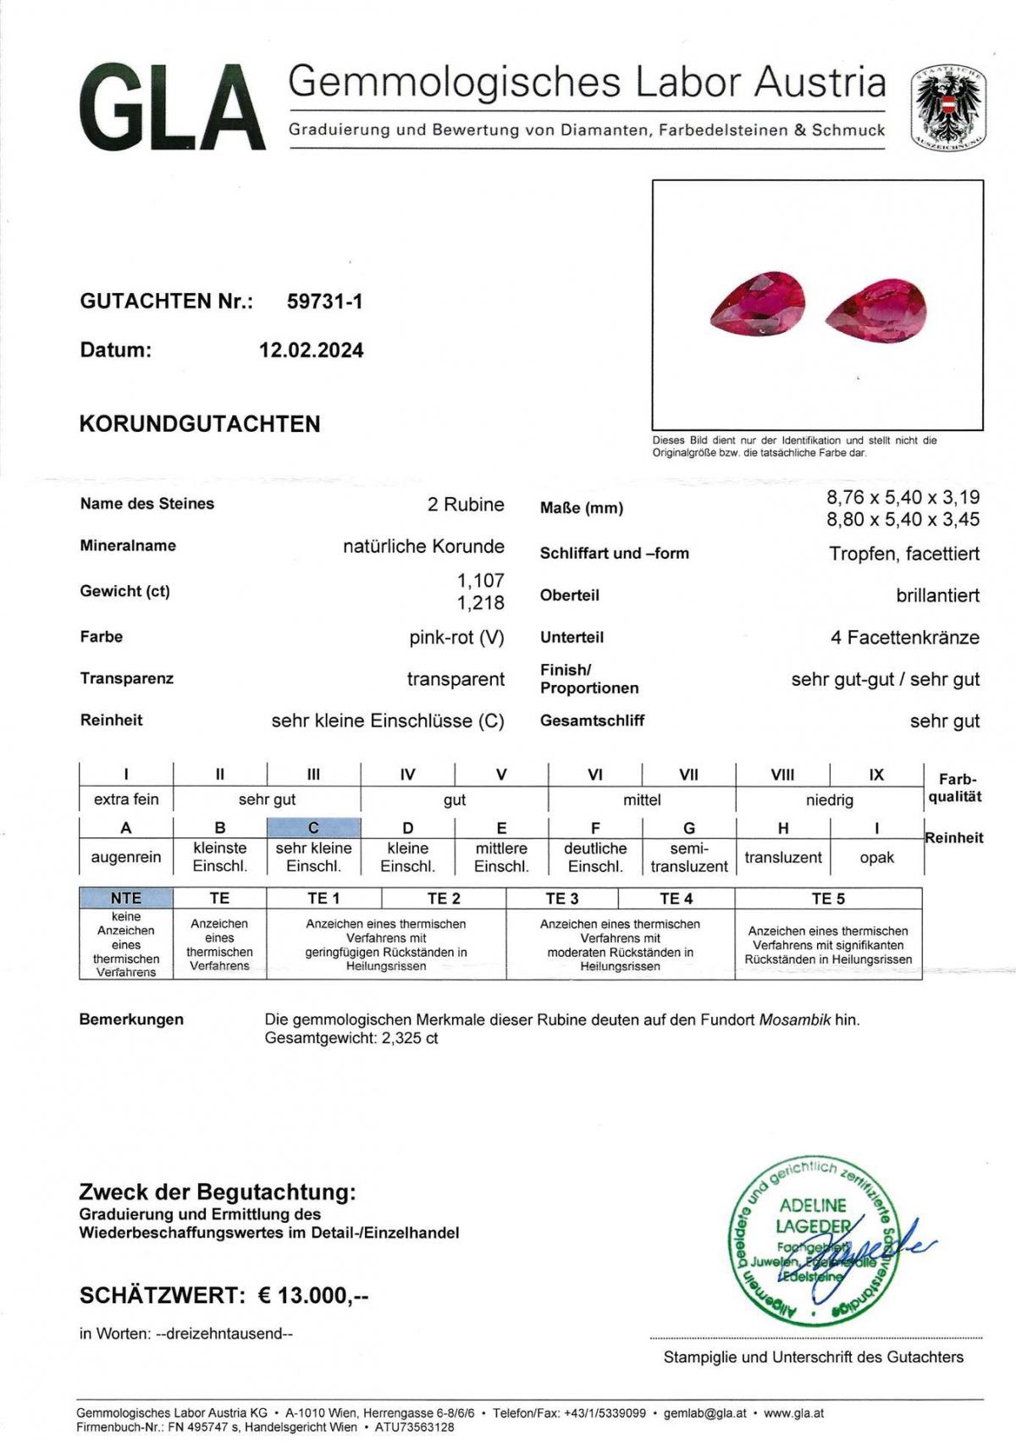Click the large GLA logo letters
173,109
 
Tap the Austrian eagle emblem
948,108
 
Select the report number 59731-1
324,301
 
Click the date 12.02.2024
311,351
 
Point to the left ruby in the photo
757,303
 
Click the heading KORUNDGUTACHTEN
200,424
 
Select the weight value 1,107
480,581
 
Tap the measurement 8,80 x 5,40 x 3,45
903,519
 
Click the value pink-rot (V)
456,638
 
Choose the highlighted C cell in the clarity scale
313,828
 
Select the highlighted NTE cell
126,898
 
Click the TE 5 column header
827,898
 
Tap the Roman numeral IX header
876,774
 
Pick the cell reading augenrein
126,857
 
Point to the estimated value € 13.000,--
312,1295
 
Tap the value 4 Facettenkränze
904,638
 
